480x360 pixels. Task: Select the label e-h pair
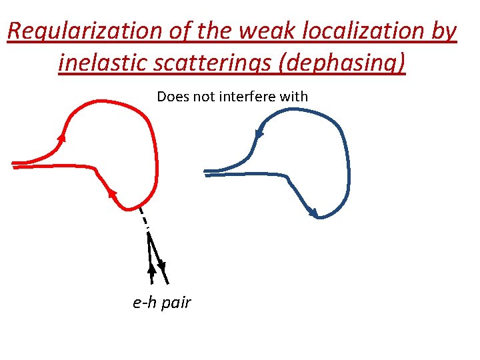162,303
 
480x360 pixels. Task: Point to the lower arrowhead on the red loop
111,193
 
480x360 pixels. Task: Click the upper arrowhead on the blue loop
259,134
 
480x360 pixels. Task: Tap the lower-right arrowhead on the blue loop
314,213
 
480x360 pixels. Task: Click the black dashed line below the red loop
143,219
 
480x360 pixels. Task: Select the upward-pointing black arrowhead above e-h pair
151,269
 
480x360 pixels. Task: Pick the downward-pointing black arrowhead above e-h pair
161,267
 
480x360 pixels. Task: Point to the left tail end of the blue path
207,172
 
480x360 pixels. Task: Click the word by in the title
443,31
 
